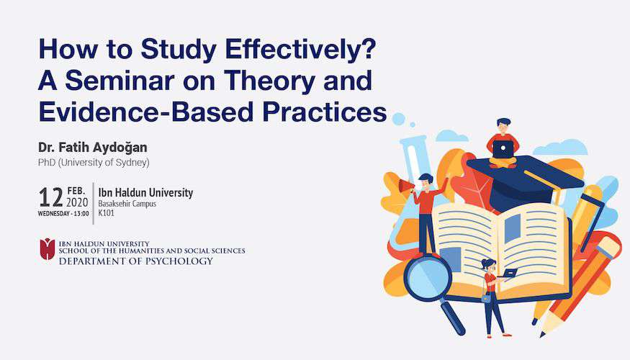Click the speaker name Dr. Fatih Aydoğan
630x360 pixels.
point(93,148)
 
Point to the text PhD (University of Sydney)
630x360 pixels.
point(94,163)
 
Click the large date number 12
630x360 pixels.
point(50,197)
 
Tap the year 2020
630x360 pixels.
point(77,202)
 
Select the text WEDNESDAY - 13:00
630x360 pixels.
point(63,214)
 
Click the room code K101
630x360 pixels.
point(106,213)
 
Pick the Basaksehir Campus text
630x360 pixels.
point(127,203)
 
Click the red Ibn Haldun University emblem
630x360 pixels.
point(47,248)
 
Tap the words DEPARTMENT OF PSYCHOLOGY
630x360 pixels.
point(136,261)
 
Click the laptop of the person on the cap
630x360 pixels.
point(503,149)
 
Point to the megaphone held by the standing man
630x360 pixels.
point(406,186)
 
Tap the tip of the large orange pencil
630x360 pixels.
point(542,334)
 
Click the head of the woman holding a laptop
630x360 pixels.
point(489,265)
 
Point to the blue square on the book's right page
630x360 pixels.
point(512,228)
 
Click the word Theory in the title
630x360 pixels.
point(269,81)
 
